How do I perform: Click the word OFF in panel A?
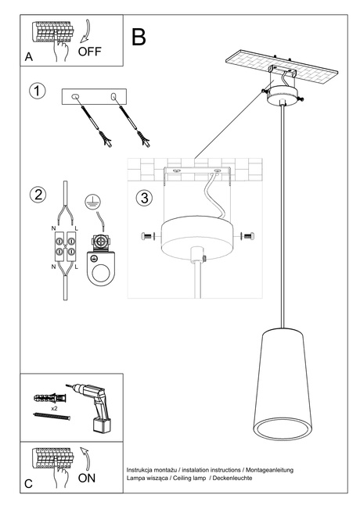(x=91, y=52)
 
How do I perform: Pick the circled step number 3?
(x=144, y=197)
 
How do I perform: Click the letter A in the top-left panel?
(x=29, y=57)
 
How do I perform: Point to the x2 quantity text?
(x=54, y=408)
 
